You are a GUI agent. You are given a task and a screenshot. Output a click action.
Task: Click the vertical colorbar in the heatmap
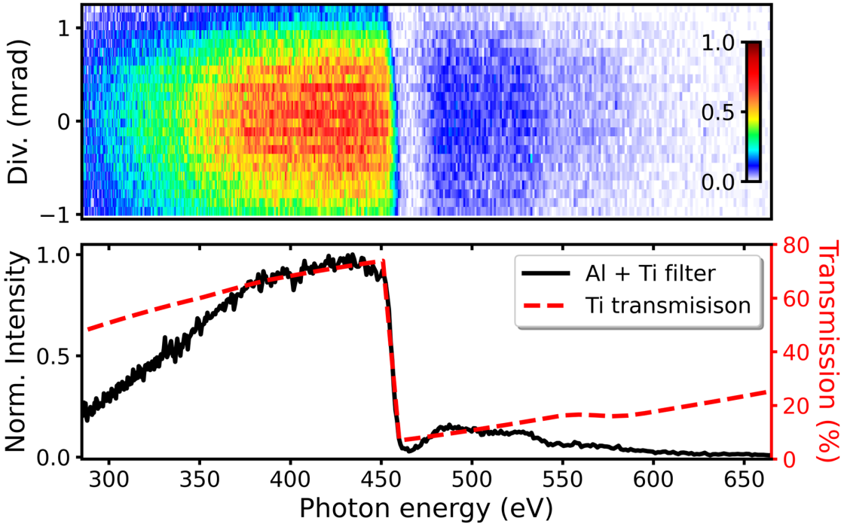coord(753,112)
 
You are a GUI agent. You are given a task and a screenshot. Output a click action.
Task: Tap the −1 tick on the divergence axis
coord(61,214)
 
